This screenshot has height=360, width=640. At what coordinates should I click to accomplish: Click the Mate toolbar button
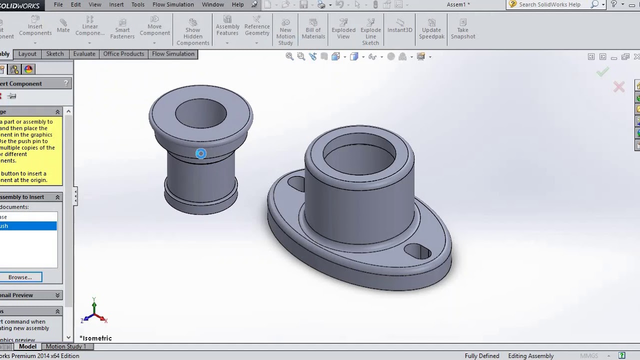tap(63, 26)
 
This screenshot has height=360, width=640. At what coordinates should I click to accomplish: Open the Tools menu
tap(138, 4)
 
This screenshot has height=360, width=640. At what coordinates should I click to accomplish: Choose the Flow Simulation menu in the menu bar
tap(173, 4)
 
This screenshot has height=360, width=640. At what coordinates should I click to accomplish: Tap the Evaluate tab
tap(84, 54)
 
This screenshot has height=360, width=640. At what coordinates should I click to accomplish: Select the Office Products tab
tap(123, 54)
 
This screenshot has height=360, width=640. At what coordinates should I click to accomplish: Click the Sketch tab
tap(55, 54)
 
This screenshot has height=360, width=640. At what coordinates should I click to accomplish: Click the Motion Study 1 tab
tap(66, 346)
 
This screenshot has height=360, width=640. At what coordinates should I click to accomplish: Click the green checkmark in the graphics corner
tap(602, 72)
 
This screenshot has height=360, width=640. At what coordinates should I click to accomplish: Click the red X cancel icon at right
tap(619, 87)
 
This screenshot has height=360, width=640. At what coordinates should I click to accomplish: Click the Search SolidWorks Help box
tap(549, 4)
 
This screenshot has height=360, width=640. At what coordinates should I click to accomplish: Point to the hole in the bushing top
tap(201, 113)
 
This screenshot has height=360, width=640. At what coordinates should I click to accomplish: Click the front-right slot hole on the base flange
tap(418, 251)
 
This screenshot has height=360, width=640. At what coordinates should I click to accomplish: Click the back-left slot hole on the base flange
tap(296, 183)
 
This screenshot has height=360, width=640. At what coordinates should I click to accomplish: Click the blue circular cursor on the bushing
tap(200, 153)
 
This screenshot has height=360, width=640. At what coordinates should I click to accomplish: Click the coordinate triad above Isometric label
tap(94, 313)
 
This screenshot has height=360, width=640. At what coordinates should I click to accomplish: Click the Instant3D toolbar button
tap(400, 26)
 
